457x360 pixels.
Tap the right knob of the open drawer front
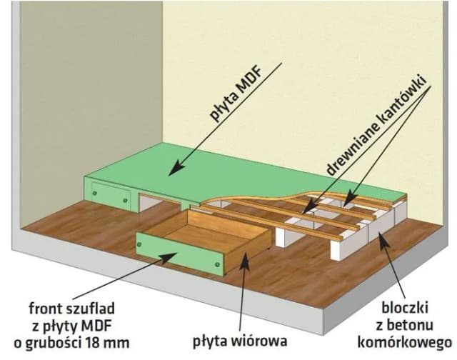pyautogui.click(x=217, y=265)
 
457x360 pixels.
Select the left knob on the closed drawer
pyautogui.click(x=95, y=190)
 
